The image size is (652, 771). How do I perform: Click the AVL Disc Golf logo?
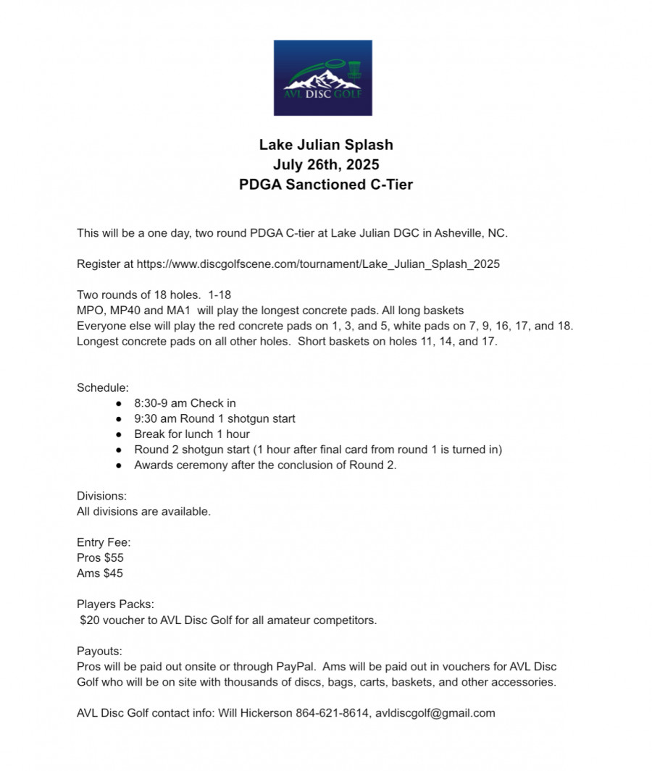322,78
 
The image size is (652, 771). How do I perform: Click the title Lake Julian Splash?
326,145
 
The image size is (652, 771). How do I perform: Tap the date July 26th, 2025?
326,164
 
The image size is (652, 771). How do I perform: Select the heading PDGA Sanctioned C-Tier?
326,185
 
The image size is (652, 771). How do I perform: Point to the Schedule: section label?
103,387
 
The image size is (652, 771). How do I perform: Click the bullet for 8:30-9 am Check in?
119,403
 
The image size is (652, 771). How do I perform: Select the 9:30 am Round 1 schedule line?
214,418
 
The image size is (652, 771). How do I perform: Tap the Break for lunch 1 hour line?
192,434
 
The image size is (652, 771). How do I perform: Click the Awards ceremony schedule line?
265,465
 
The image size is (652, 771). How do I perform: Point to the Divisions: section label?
102,496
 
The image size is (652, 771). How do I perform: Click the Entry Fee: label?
104,542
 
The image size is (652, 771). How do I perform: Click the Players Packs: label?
115,604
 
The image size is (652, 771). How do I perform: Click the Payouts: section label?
99,651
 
